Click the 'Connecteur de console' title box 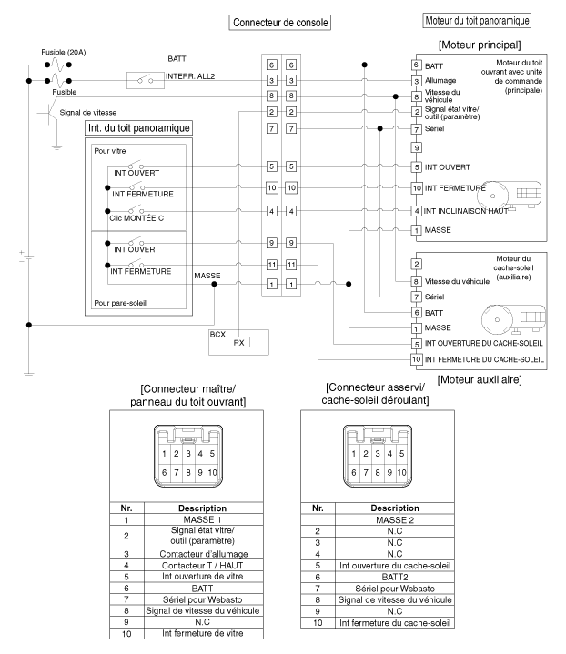point(279,23)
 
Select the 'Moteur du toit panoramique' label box point(477,20)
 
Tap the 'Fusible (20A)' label point(64,52)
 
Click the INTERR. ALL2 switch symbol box point(146,80)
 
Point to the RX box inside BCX point(238,342)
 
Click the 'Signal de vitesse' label point(88,112)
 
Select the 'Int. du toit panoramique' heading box point(139,127)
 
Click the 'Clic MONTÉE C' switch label point(136,217)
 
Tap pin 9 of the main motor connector point(416,147)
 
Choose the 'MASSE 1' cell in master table point(202,519)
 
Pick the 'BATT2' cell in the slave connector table point(394,577)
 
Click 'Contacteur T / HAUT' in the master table point(202,566)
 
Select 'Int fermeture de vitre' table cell point(202,633)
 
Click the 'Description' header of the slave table point(394,508)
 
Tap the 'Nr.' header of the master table point(126,508)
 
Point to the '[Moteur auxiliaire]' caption point(480,379)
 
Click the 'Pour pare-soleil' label point(120,303)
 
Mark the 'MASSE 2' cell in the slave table point(394,519)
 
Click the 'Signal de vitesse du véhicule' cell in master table point(202,610)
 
